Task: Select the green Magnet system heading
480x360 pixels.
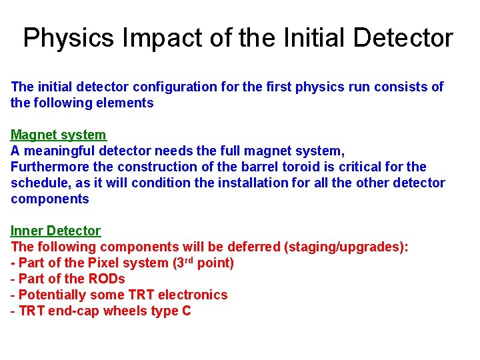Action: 58,135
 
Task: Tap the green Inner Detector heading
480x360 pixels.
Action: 55,231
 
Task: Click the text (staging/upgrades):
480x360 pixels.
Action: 346,247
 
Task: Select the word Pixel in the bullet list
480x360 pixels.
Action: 103,263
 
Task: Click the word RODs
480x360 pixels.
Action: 107,279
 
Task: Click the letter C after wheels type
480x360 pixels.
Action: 186,311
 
